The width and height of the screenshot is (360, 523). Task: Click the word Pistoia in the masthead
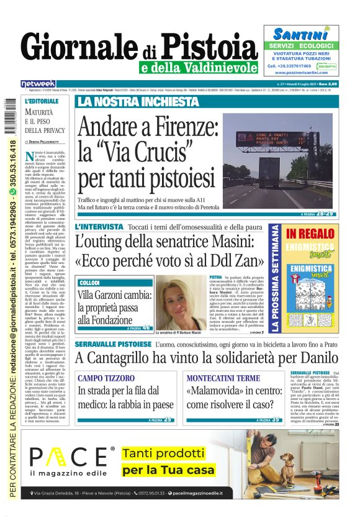click(x=211, y=47)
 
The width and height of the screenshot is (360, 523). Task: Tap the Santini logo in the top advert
click(x=300, y=34)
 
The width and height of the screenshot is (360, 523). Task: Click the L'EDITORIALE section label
click(x=40, y=101)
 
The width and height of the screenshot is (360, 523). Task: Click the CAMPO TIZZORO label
click(x=102, y=378)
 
